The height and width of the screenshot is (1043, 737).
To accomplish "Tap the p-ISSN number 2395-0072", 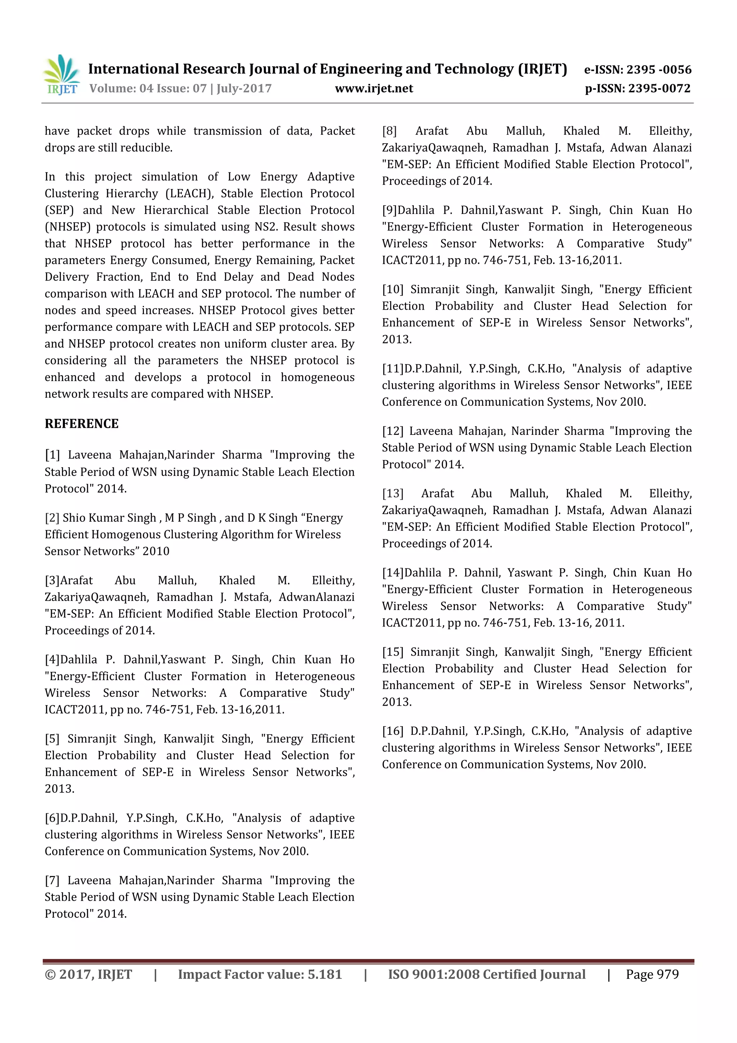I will pos(659,89).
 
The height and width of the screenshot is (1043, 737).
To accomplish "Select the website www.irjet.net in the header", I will pos(374,89).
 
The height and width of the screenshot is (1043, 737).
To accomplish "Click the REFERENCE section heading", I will pos(81,423).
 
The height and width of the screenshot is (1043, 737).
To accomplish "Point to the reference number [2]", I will pos(52,518).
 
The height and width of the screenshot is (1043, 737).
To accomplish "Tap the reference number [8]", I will pos(389,131).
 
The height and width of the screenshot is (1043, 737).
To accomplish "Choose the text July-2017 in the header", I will pos(244,89).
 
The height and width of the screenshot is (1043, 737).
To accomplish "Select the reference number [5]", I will pos(52,739).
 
